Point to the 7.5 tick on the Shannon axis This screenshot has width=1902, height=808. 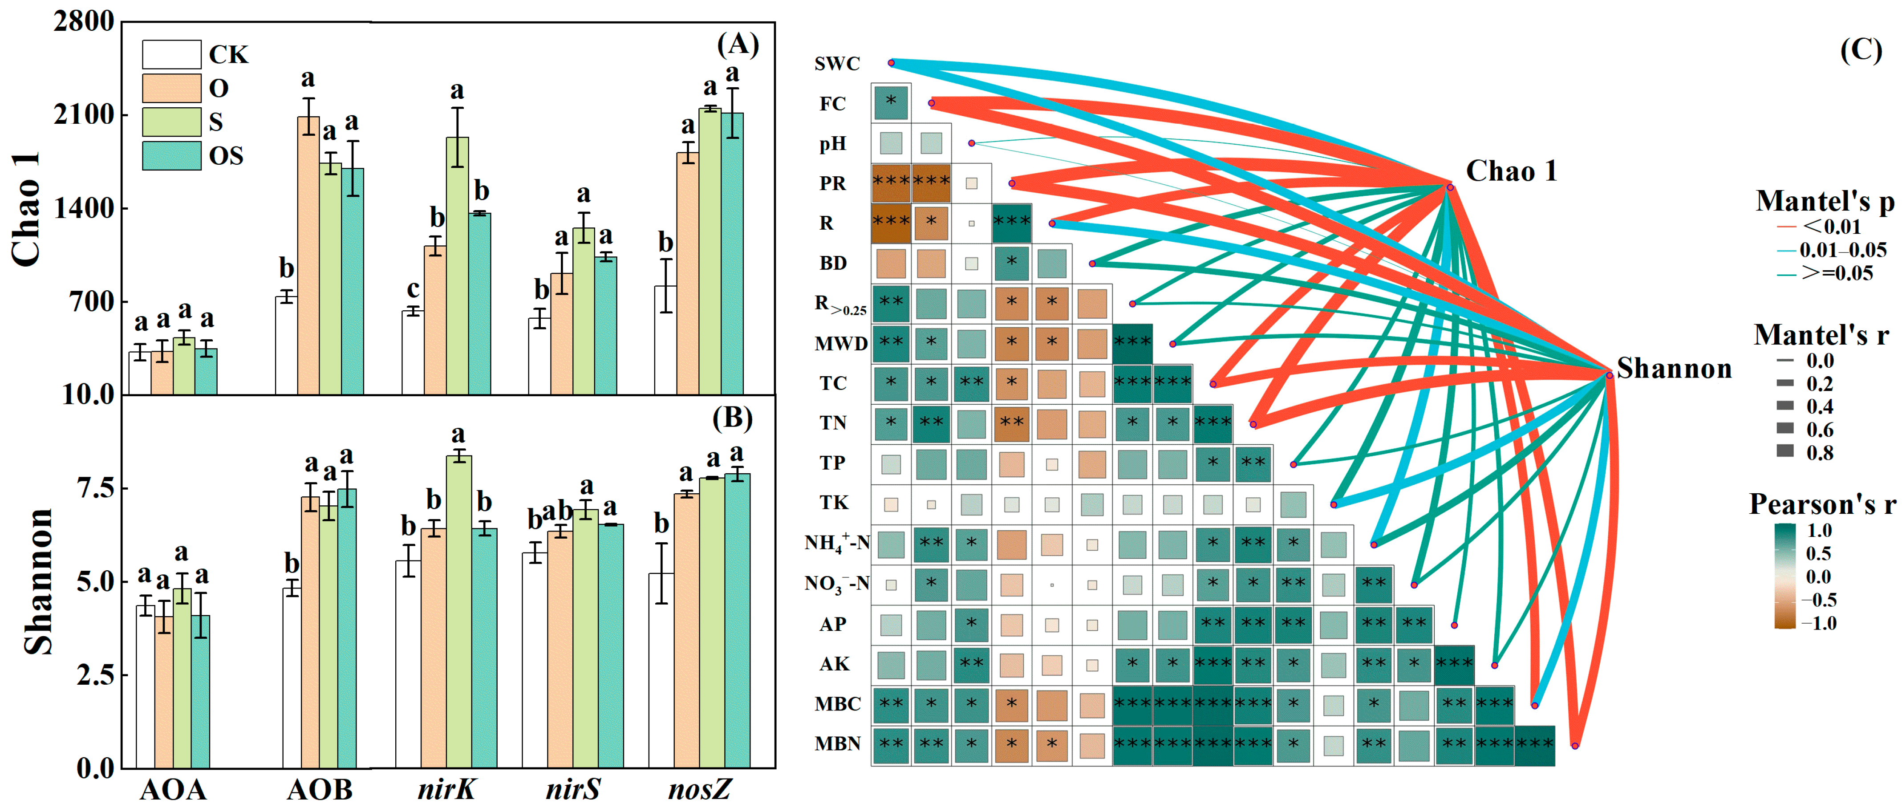pyautogui.click(x=97, y=488)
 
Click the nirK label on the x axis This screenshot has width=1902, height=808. pyautogui.click(x=447, y=790)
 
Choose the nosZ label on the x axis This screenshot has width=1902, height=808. pyautogui.click(x=699, y=790)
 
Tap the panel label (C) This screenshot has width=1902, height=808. pyautogui.click(x=1860, y=50)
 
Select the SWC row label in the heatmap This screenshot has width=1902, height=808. pyautogui.click(x=837, y=64)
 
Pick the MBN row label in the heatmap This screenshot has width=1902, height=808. pyautogui.click(x=837, y=744)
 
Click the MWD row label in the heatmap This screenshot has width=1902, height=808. pyautogui.click(x=841, y=343)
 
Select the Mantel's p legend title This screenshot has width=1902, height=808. pyautogui.click(x=1824, y=201)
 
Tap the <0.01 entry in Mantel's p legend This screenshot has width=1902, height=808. pyautogui.click(x=1831, y=227)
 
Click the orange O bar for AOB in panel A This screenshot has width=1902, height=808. pyautogui.click(x=308, y=255)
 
